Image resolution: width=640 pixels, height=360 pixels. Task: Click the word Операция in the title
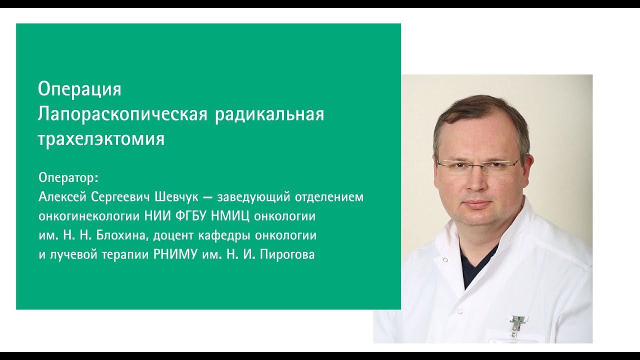tap(79, 89)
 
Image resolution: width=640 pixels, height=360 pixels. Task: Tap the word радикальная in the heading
tap(269, 114)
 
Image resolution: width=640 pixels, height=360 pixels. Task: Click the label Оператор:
tap(68, 177)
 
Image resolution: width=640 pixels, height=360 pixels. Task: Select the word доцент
tap(173, 235)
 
